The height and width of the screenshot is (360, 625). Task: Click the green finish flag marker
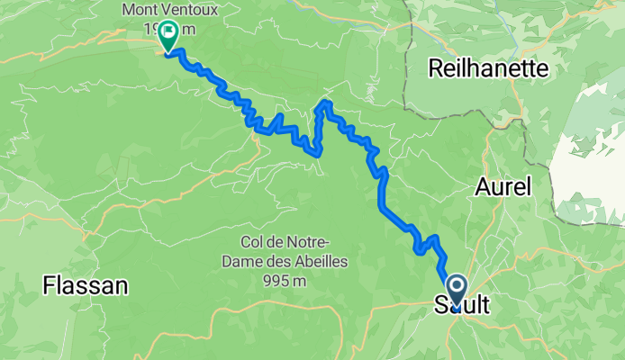168,37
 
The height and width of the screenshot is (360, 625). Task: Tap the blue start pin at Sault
456,291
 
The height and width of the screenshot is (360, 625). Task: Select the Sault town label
462,306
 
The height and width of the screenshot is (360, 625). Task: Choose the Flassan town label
85,286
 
